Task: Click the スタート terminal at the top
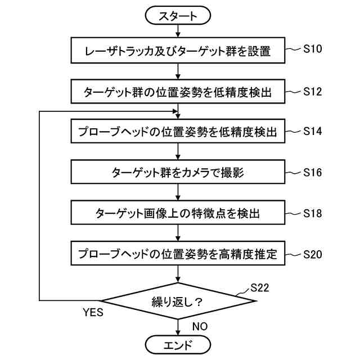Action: click(178, 16)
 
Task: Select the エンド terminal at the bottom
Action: click(178, 344)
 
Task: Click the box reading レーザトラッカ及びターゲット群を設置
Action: click(178, 52)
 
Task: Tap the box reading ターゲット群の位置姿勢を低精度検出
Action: click(178, 92)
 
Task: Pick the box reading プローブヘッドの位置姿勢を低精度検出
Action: click(178, 133)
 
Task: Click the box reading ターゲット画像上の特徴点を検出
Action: click(178, 214)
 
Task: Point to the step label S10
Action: click(312, 49)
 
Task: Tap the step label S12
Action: click(312, 90)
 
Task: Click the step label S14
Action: click(312, 130)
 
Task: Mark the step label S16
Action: click(312, 172)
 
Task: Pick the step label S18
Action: click(312, 212)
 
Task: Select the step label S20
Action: click(312, 253)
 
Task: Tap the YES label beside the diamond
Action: click(93, 313)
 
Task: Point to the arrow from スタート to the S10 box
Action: click(178, 31)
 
